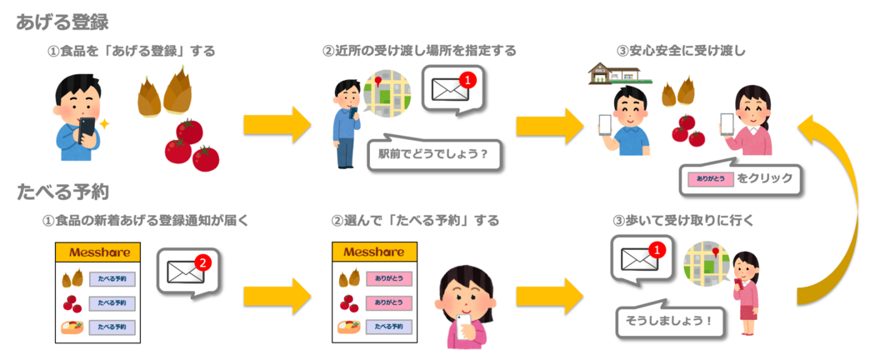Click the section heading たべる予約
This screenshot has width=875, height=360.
click(62, 192)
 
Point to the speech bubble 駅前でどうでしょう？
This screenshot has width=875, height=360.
click(433, 153)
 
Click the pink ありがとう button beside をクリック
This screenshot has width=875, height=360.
click(708, 177)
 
